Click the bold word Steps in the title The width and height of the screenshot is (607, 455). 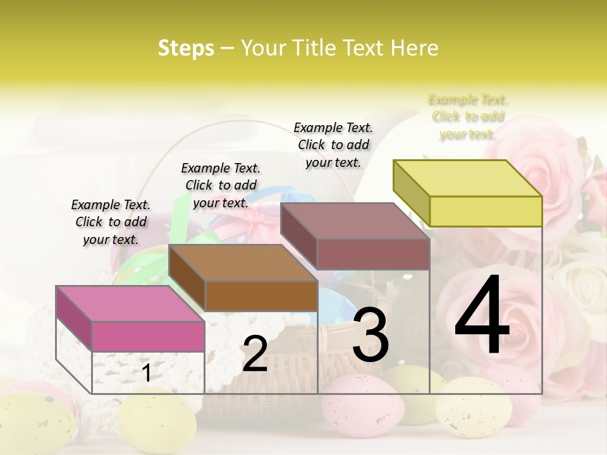[x=186, y=48]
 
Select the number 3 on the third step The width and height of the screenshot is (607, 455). [x=370, y=335]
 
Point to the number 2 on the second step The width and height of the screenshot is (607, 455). [x=255, y=354]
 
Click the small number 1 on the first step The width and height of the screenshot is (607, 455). [x=146, y=373]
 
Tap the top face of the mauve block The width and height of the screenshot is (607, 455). [x=355, y=221]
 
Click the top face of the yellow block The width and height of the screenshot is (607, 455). [x=467, y=178]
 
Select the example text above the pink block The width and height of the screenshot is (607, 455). [x=111, y=222]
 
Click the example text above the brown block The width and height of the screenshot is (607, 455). [x=221, y=185]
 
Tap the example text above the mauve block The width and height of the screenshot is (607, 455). [x=333, y=145]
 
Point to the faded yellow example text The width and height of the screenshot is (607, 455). [x=468, y=117]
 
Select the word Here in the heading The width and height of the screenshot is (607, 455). [x=415, y=48]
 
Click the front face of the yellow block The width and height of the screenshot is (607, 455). [x=486, y=211]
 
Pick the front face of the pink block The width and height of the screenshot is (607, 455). [x=148, y=336]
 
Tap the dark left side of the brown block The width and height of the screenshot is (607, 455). [x=187, y=278]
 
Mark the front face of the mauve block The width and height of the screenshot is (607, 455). [x=373, y=254]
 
